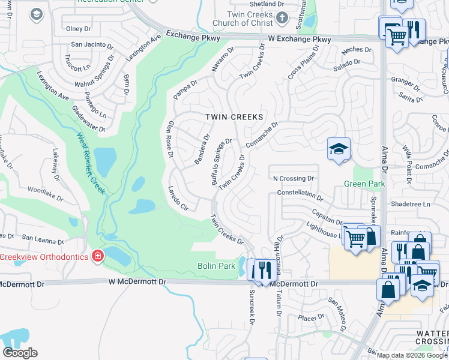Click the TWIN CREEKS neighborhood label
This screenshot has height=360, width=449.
point(234,116)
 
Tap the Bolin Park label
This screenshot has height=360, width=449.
point(217,266)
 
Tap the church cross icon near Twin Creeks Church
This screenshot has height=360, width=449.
point(283,19)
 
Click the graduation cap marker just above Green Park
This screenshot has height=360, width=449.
point(339,149)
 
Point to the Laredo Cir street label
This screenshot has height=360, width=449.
point(179,198)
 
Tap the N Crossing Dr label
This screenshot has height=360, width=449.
point(294,178)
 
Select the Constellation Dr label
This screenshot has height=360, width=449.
point(300,194)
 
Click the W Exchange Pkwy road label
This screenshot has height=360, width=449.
point(300,40)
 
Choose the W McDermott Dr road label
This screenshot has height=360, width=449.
point(137,281)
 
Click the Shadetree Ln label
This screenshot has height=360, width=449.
point(411,204)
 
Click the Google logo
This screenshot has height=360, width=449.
point(20,353)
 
